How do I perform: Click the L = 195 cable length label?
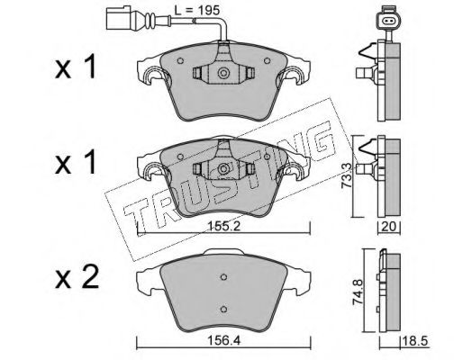click(x=197, y=11)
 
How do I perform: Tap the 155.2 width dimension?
click(x=224, y=226)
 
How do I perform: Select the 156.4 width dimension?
click(x=224, y=340)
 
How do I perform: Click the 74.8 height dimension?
click(x=358, y=292)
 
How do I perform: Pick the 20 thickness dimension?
click(x=388, y=227)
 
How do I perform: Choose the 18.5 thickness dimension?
click(x=414, y=341)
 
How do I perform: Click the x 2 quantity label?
click(x=77, y=277)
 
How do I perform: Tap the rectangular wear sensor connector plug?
click(x=117, y=19)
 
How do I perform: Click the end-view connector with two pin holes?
click(x=387, y=21)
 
